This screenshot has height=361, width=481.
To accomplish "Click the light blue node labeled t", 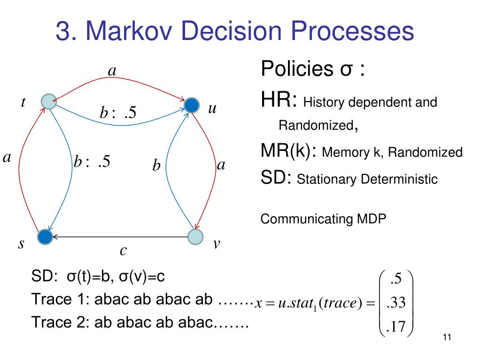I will pyautogui.click(x=48, y=101).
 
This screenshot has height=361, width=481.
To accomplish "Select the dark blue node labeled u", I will pyautogui.click(x=191, y=105).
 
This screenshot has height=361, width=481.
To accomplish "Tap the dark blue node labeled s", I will pyautogui.click(x=45, y=237).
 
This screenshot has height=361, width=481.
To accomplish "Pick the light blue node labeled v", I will pyautogui.click(x=195, y=237).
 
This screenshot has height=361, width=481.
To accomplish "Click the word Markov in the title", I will pyautogui.click(x=140, y=31).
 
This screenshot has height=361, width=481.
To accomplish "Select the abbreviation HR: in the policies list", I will pyautogui.click(x=279, y=100).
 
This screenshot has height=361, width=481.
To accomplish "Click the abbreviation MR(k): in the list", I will pyautogui.click(x=289, y=151).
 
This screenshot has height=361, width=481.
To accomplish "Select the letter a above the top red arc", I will pyautogui.click(x=112, y=71).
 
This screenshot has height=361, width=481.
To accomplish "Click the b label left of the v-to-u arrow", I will pyautogui.click(x=156, y=166).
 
